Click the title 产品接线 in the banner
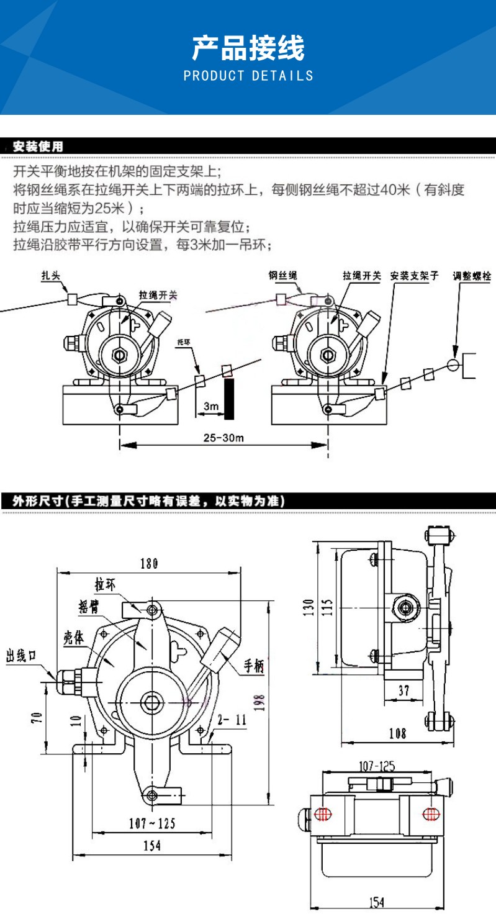click(248, 48)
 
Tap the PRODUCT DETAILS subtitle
click(248, 76)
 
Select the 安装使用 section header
click(38, 147)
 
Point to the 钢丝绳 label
click(282, 276)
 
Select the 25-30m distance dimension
click(223, 437)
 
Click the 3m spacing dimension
click(212, 406)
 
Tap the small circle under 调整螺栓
click(454, 364)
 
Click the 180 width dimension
click(149, 563)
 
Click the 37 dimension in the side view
click(404, 690)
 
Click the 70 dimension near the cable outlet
click(37, 719)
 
